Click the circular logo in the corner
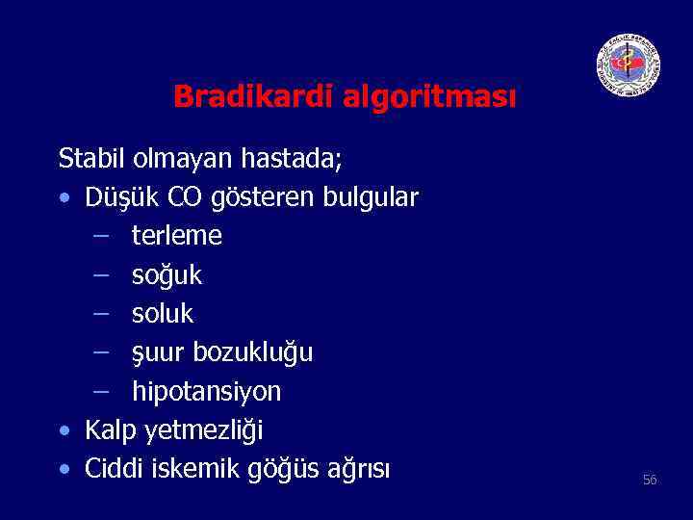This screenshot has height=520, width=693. coord(628,65)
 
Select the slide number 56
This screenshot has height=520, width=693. coord(650,480)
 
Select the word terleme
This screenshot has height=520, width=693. coord(177,236)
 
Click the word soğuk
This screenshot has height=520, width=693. coord(167,275)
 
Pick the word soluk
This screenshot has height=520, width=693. coord(163,314)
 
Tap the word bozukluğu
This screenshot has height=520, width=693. coord(253,353)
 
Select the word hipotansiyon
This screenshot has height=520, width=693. coord(207,392)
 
